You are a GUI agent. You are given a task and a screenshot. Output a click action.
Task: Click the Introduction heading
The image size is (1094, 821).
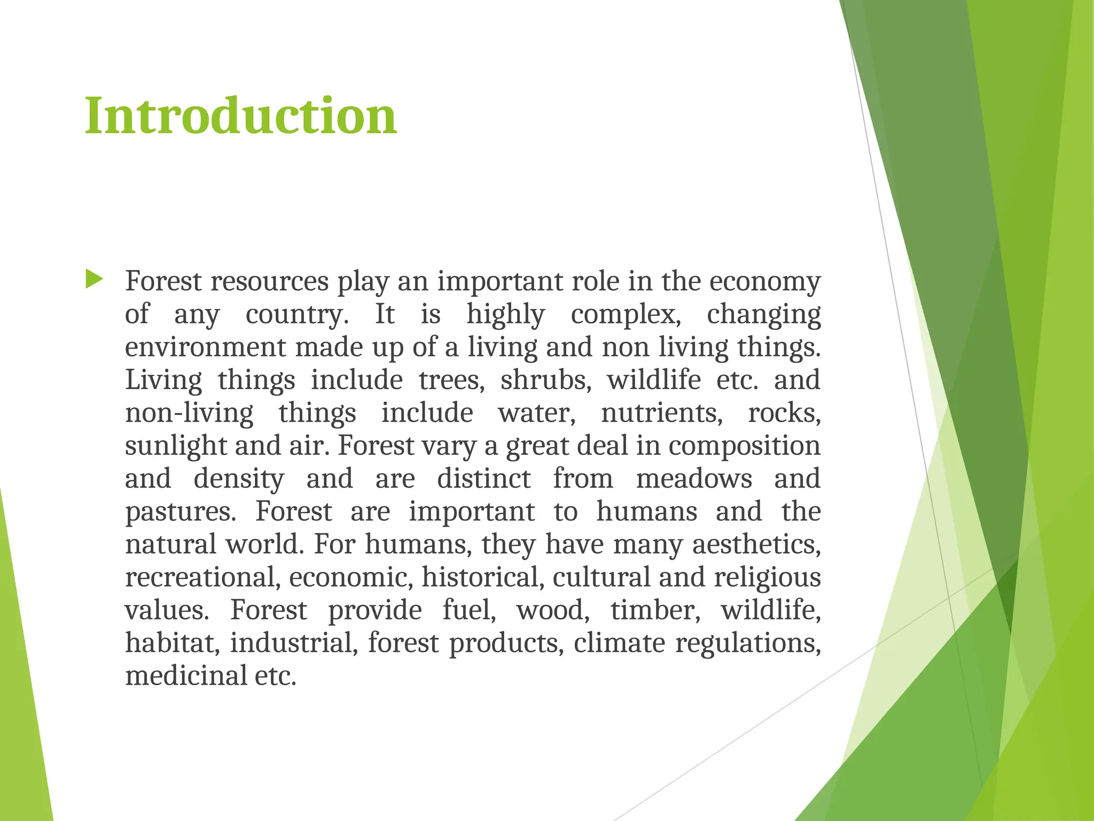point(241,116)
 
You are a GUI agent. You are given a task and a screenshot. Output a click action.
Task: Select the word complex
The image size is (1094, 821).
point(626,315)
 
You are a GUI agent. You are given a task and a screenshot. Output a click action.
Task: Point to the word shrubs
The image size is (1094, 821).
point(545,380)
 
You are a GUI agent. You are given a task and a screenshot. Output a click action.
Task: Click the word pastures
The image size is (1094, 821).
point(180,512)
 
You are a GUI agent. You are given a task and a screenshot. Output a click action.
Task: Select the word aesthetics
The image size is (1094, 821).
point(756,545)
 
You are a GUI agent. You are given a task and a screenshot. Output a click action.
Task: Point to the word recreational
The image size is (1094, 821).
point(202,578)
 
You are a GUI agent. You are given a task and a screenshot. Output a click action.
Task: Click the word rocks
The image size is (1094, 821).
point(784,413)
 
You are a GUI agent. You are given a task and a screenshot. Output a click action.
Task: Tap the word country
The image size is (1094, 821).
point(296,315)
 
